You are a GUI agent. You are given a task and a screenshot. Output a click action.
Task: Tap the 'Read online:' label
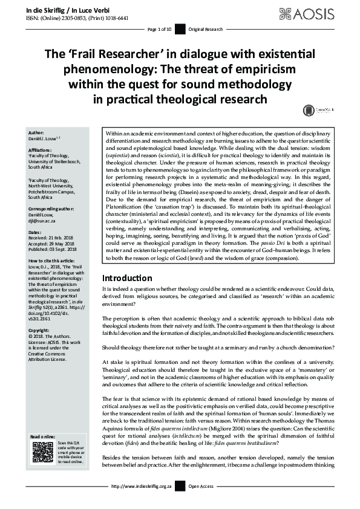(43, 436)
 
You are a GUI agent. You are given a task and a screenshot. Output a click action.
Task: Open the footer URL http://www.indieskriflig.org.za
(143, 503)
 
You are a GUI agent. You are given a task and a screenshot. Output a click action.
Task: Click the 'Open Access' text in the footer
(203, 503)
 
